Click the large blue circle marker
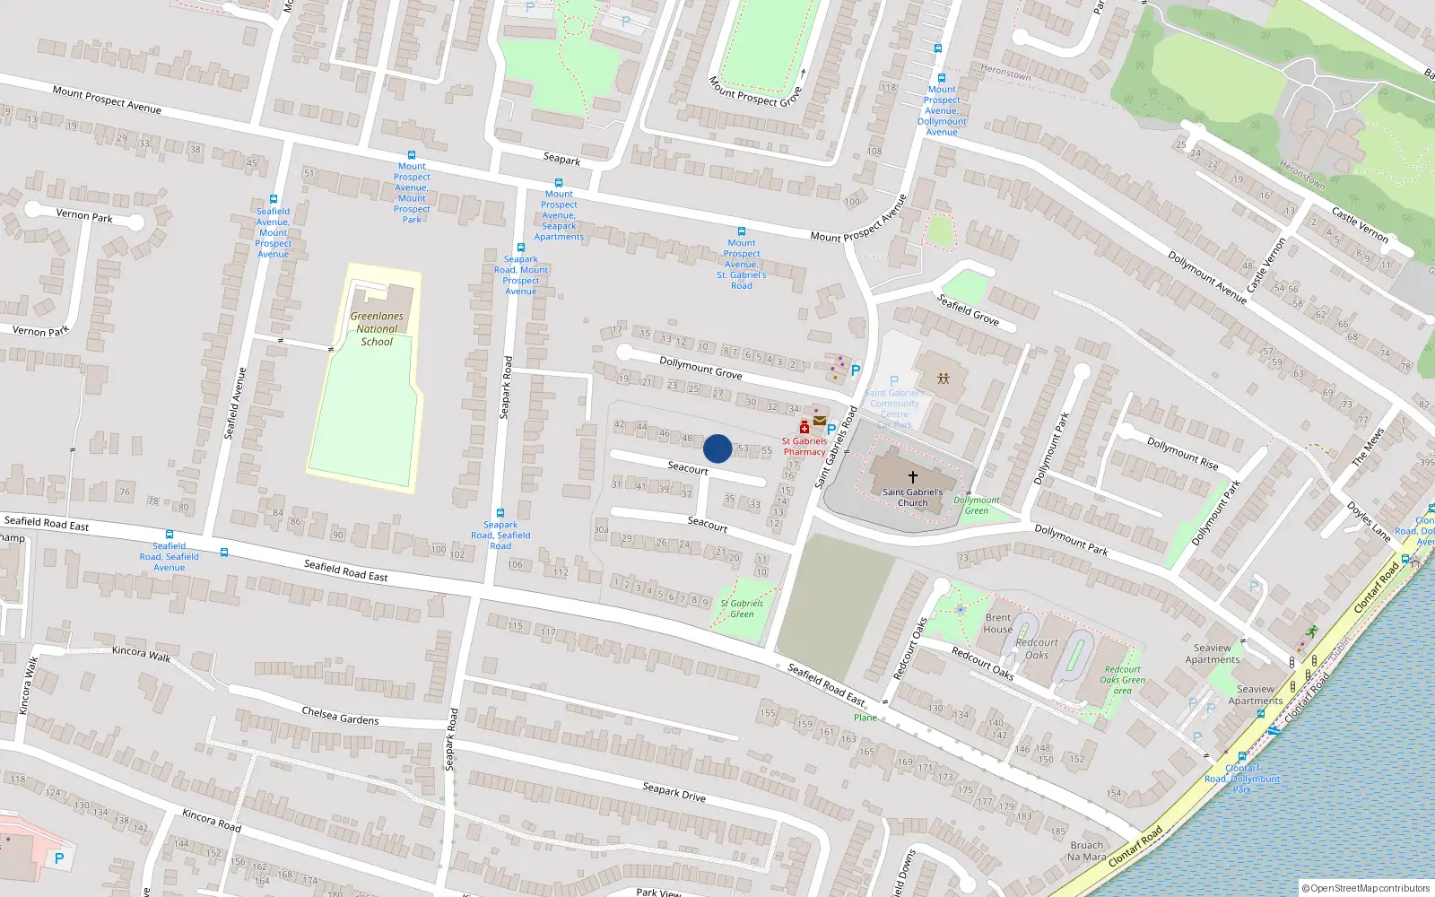(717, 448)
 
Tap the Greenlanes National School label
(377, 328)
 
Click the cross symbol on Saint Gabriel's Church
(913, 477)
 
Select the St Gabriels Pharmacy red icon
(804, 428)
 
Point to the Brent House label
(997, 623)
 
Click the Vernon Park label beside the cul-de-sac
(84, 216)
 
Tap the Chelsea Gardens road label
(340, 715)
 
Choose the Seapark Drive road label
(674, 792)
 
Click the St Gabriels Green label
(742, 608)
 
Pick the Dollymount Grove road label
(700, 368)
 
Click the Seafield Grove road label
(968, 310)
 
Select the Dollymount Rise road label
(1182, 453)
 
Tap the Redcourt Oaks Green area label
(1122, 680)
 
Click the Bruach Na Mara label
(1086, 850)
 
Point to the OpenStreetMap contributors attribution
(1365, 888)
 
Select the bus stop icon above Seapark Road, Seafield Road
(500, 513)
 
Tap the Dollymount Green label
(976, 505)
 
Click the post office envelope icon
(820, 421)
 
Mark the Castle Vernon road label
(1360, 224)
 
